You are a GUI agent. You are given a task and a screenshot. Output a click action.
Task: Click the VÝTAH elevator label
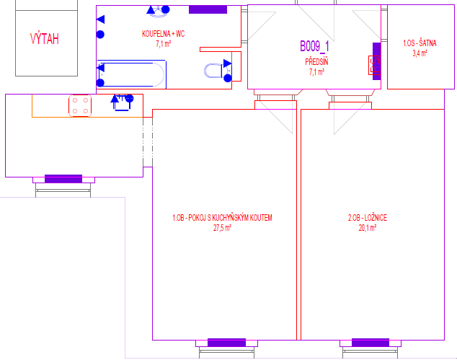[x=45, y=38]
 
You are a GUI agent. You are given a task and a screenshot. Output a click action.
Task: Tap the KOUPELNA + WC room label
[x=163, y=34]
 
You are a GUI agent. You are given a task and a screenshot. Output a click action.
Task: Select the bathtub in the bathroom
[x=132, y=74]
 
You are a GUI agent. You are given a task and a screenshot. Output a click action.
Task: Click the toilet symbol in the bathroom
[x=216, y=71]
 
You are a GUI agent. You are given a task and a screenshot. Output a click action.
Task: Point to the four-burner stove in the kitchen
[x=80, y=105]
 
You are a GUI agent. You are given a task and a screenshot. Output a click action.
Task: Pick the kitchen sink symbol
[x=122, y=102]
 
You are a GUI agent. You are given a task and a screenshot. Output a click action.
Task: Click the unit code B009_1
[x=314, y=46]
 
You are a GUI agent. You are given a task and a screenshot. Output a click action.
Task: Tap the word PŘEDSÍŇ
[x=316, y=62]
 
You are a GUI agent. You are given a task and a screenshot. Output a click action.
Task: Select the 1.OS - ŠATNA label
[x=420, y=43]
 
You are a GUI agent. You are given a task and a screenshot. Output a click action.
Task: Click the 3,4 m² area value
[x=420, y=53]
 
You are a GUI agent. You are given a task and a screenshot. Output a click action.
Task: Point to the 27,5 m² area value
[x=222, y=228]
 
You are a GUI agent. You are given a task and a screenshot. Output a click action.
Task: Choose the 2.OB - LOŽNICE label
[x=368, y=218]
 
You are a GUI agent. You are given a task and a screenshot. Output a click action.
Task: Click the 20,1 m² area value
[x=367, y=228]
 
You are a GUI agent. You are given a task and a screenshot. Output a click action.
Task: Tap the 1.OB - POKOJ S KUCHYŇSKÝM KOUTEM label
[x=223, y=218]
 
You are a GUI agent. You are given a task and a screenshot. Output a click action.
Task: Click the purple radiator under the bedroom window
[x=371, y=343]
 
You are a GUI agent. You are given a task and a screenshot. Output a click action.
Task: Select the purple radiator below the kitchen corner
[x=63, y=179]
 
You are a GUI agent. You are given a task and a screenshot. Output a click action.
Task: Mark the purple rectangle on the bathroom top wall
[x=208, y=9]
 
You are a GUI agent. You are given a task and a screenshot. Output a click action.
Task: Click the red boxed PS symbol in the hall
[x=375, y=65]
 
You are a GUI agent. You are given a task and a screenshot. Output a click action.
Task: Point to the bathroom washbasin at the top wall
[x=159, y=12]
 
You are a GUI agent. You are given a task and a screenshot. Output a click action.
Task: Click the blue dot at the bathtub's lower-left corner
[x=100, y=83]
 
